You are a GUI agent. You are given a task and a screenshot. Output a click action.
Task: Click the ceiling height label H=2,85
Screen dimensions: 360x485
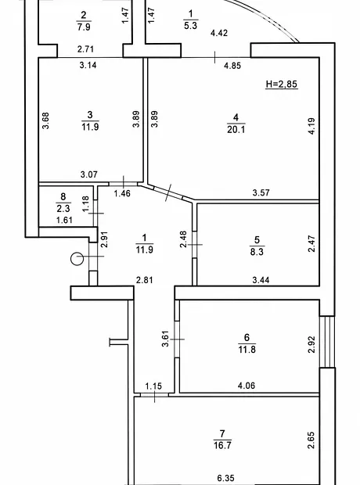click(x=282, y=84)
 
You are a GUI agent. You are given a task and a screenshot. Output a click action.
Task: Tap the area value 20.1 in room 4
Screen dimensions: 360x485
click(x=236, y=129)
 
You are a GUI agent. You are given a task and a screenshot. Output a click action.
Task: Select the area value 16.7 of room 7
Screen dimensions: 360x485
click(x=222, y=445)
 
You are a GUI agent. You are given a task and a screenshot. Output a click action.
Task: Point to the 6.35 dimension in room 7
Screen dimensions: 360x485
click(x=225, y=478)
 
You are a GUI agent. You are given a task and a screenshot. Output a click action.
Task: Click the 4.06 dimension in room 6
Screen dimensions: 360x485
click(x=247, y=386)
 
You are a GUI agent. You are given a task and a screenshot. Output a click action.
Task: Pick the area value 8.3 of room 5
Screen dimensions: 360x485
click(x=257, y=252)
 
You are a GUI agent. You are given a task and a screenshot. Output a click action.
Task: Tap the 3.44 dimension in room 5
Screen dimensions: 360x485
click(x=261, y=280)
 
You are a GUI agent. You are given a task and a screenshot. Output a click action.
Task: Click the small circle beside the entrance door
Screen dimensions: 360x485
click(x=77, y=259)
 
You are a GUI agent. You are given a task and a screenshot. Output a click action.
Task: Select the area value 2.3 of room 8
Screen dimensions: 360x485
click(x=63, y=209)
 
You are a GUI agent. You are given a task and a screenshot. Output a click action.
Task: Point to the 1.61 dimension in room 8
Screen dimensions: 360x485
click(x=64, y=220)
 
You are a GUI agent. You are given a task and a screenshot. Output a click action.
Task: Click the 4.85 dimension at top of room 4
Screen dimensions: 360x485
click(x=232, y=66)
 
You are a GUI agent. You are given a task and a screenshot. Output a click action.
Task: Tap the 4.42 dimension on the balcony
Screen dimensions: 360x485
click(x=219, y=33)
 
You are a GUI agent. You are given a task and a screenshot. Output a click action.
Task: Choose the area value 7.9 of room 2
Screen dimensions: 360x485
click(x=84, y=27)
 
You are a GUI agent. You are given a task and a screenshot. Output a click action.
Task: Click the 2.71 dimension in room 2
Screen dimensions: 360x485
click(x=85, y=48)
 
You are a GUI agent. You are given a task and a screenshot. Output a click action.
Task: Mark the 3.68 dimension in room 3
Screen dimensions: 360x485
click(x=45, y=120)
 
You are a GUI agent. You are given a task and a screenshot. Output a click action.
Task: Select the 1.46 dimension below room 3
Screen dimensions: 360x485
click(x=122, y=194)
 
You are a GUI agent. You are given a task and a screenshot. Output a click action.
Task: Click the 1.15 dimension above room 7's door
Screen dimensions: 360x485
click(x=153, y=386)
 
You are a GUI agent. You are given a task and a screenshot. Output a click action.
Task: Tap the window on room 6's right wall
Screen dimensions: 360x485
click(x=327, y=342)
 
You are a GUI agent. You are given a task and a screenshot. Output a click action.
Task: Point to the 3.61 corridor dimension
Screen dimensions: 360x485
click(x=166, y=339)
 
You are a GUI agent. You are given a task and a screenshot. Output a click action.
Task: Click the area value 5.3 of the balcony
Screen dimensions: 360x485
click(x=190, y=25)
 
